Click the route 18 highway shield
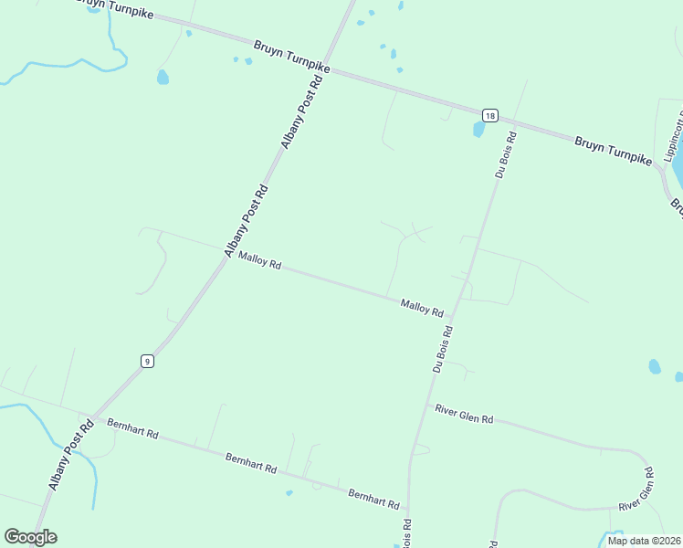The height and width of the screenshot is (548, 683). pyautogui.click(x=490, y=115)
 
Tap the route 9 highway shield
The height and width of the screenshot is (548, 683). pyautogui.click(x=147, y=361)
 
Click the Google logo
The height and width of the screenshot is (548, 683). pyautogui.click(x=30, y=536)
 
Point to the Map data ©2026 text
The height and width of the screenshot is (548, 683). pyautogui.click(x=643, y=541)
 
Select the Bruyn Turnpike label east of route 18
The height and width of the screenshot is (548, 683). pyautogui.click(x=613, y=151)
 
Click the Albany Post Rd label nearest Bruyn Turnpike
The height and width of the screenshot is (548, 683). pyautogui.click(x=302, y=111)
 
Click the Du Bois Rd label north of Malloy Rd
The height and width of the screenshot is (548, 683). pyautogui.click(x=506, y=154)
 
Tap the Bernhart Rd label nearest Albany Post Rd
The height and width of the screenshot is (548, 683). pyautogui.click(x=132, y=428)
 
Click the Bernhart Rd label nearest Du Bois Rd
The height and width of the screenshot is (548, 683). pyautogui.click(x=373, y=498)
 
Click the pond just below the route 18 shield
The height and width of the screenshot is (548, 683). pyautogui.click(x=478, y=130)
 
